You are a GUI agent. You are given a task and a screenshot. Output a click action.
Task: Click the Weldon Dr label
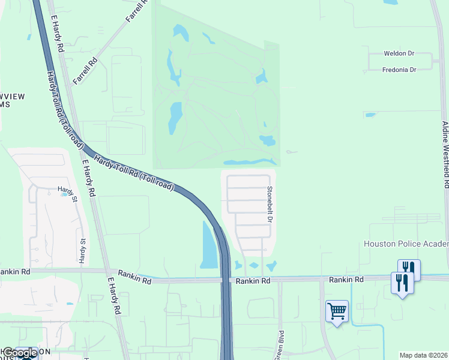click(399, 53)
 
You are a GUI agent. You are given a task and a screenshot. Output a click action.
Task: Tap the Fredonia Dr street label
click(399, 70)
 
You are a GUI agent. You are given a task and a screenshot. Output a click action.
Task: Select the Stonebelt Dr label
click(270, 203)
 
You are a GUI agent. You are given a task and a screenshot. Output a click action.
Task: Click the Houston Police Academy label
click(406, 244)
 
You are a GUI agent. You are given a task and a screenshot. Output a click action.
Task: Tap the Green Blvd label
click(279, 344)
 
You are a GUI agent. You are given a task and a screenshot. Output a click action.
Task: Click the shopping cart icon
click(337, 311)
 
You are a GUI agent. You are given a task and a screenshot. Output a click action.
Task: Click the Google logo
click(19, 353)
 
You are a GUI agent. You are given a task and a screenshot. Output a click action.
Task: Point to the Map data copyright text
click(423, 355)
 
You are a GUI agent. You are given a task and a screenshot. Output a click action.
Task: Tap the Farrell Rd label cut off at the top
click(137, 11)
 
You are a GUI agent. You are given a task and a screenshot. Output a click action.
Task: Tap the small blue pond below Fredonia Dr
click(370, 115)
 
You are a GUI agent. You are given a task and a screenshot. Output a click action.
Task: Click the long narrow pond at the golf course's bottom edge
click(249, 162)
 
